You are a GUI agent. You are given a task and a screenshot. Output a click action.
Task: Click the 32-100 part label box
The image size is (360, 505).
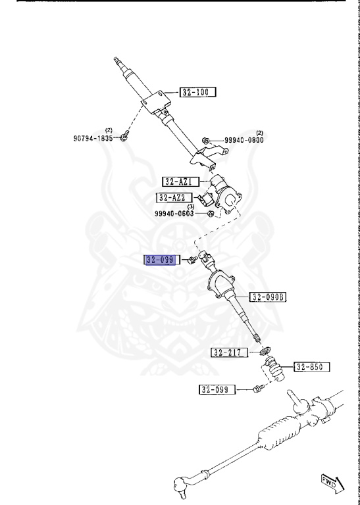(197, 92)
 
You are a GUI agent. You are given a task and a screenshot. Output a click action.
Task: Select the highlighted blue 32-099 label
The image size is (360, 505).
(161, 260)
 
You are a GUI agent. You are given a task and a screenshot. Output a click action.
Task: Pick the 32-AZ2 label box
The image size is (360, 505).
(174, 197)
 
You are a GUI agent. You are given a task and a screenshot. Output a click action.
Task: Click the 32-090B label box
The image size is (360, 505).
(268, 297)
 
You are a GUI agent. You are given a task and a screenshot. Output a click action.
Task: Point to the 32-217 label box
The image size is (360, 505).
(230, 352)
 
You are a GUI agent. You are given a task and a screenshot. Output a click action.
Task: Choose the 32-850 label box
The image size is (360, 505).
(312, 367)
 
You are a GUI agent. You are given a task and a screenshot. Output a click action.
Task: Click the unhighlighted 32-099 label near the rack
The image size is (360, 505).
(217, 390)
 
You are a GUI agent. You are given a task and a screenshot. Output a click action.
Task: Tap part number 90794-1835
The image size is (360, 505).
(93, 138)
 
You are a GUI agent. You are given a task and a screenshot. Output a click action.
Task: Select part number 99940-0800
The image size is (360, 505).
(244, 140)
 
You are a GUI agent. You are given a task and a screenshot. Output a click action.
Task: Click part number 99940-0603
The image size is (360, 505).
(174, 214)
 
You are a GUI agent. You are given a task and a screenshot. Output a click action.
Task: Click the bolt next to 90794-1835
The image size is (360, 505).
(125, 137)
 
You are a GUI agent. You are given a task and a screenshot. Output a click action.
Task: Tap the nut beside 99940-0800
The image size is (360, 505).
(205, 140)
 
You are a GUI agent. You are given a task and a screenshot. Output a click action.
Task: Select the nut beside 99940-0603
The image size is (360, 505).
(211, 213)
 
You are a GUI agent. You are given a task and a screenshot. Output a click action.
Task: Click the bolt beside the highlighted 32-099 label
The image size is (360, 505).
(192, 260)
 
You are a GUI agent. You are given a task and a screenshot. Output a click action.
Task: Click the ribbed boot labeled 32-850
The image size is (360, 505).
(274, 369)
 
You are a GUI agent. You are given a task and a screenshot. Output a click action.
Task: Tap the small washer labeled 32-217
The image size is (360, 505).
(266, 351)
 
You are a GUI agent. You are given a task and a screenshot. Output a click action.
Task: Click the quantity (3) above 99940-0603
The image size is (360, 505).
(191, 206)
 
